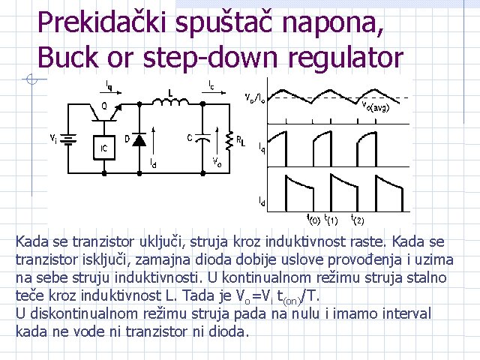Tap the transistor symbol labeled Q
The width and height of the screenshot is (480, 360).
pos(108,110)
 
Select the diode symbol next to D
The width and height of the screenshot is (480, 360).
pos(138,141)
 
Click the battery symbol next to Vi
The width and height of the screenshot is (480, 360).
pos(71,139)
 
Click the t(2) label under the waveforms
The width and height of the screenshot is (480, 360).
pos(358,220)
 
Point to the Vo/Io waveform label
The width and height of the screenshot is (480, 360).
pos(254,97)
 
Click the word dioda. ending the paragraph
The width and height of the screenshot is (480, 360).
pos(229,331)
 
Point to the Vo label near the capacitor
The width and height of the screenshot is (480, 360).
pos(216,161)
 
